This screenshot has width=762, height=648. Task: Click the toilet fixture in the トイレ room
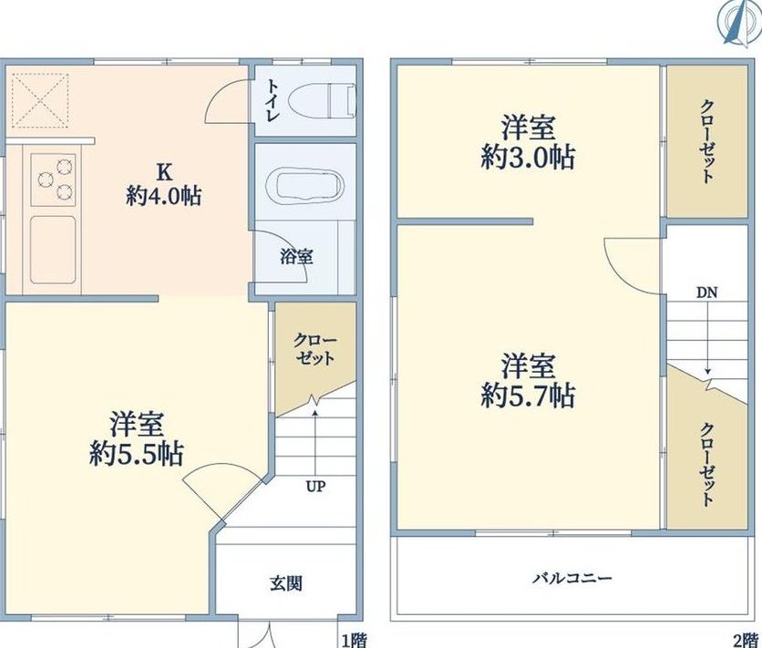click(x=322, y=101)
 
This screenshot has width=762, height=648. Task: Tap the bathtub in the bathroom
click(x=305, y=186)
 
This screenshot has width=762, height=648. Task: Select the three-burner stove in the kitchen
click(x=54, y=180)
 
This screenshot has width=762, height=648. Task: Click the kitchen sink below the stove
click(x=53, y=250)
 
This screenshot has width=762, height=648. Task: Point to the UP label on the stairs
click(x=316, y=486)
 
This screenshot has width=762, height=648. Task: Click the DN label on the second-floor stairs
click(x=707, y=293)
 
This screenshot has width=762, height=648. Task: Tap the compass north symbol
click(x=737, y=22)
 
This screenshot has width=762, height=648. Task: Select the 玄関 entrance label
click(x=286, y=583)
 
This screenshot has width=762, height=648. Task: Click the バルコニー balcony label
click(x=572, y=578)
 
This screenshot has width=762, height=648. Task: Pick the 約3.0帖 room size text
click(x=528, y=158)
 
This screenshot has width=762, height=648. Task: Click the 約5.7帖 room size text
click(x=528, y=396)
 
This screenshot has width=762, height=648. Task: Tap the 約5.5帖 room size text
click(x=136, y=454)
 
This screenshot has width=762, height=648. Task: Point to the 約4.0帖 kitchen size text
click(x=164, y=196)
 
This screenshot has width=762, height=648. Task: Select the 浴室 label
click(x=296, y=256)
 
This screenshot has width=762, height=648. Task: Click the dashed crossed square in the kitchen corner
click(x=40, y=101)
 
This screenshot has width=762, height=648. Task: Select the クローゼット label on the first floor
click(x=315, y=349)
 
